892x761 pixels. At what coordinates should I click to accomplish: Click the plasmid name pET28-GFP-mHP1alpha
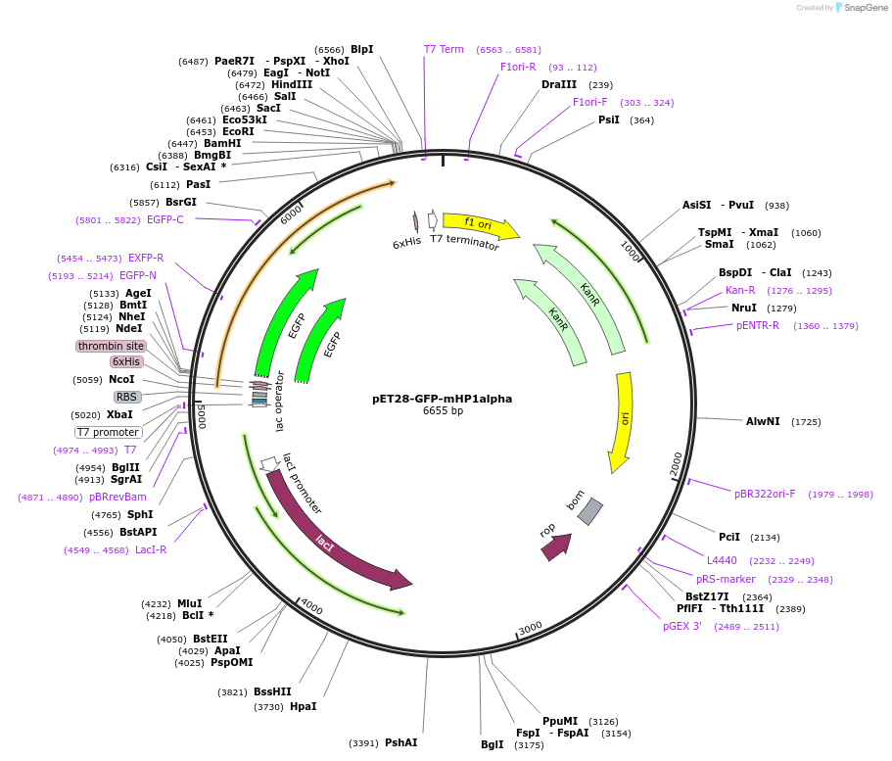(442, 399)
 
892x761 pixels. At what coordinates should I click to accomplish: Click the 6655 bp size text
(443, 411)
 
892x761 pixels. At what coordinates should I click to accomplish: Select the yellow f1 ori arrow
(480, 225)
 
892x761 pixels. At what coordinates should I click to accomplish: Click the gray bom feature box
(589, 510)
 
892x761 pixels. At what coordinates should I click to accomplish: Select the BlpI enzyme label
(361, 49)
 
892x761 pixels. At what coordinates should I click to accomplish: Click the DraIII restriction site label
(559, 84)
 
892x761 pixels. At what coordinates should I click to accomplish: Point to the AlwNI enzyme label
(763, 421)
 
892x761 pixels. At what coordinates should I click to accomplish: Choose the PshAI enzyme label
(400, 742)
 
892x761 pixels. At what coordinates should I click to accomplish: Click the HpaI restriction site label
(303, 706)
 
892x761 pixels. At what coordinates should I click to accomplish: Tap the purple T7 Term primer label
(444, 49)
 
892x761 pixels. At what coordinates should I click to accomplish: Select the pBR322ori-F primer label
(765, 494)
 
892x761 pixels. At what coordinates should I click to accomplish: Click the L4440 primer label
(723, 560)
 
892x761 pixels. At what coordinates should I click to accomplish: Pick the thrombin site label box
(111, 346)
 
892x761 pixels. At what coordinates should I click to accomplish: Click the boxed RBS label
(127, 397)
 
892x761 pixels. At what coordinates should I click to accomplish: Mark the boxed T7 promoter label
(108, 432)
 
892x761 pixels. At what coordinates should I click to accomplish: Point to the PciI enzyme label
(729, 537)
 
